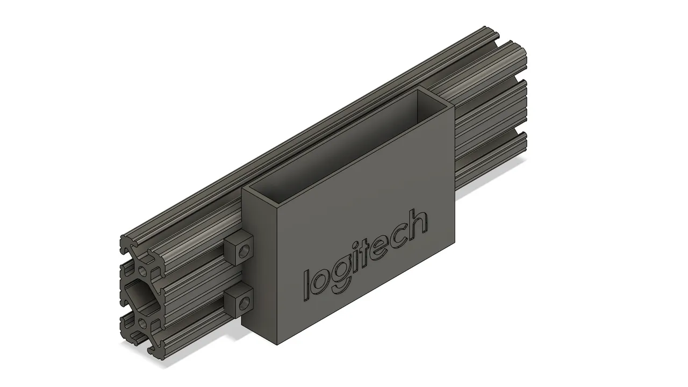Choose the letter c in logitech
(398, 237)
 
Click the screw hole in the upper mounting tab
(245, 251)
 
